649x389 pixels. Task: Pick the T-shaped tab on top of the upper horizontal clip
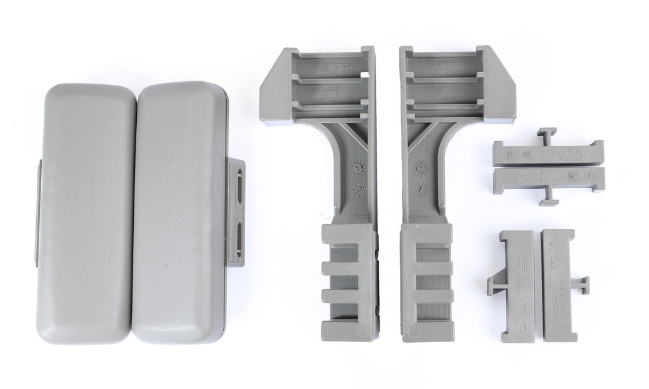[x=546, y=134]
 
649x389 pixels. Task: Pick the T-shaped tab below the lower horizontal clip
[x=549, y=198]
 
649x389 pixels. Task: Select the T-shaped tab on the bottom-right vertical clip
[x=582, y=285]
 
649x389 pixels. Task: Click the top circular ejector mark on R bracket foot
[x=361, y=233]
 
